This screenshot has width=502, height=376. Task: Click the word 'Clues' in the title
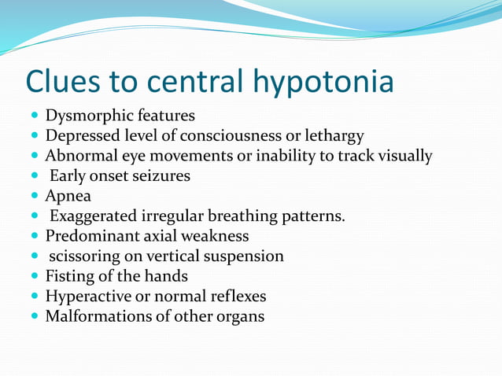coord(68,82)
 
